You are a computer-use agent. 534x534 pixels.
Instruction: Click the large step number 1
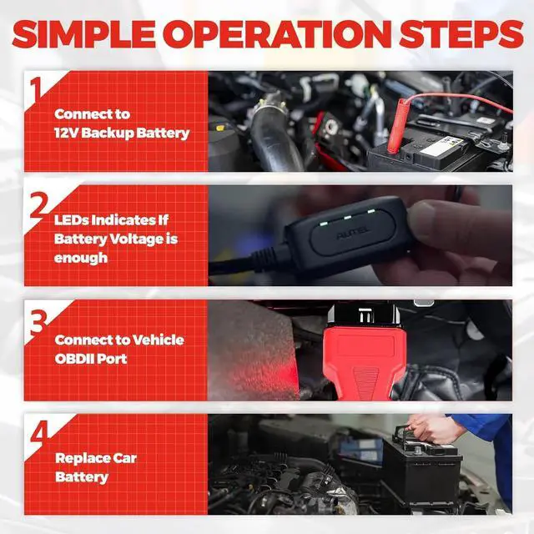pyautogui.click(x=37, y=88)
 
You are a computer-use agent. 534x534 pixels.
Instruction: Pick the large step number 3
pyautogui.click(x=38, y=322)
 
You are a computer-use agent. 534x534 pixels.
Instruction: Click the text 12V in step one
pyautogui.click(x=66, y=133)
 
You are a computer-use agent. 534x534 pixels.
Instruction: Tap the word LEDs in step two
pyautogui.click(x=71, y=220)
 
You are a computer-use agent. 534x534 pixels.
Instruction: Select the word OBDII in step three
pyautogui.click(x=73, y=359)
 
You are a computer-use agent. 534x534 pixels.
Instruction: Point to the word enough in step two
pyautogui.click(x=81, y=258)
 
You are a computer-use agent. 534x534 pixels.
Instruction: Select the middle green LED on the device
pyautogui.click(x=347, y=217)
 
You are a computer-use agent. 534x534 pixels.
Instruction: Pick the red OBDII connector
pyautogui.click(x=364, y=354)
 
